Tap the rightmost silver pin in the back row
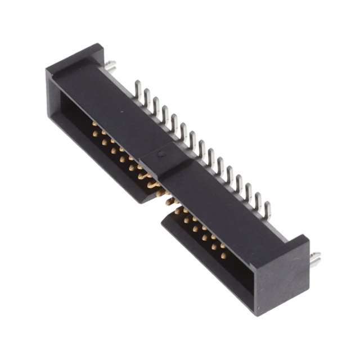point(267,210)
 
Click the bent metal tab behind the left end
point(111,66)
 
